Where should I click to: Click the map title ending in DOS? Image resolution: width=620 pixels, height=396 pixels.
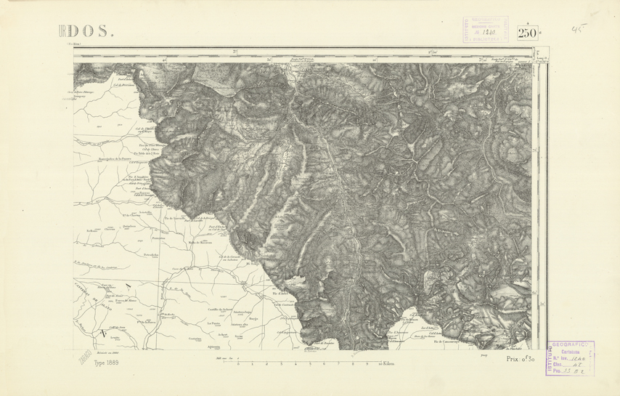86,31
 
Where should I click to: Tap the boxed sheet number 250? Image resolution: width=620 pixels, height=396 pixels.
528,33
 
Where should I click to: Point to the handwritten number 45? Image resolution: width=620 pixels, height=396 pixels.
578,30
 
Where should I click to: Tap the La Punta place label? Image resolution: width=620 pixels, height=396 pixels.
214,322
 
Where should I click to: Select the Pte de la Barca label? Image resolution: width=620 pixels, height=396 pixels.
147,321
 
